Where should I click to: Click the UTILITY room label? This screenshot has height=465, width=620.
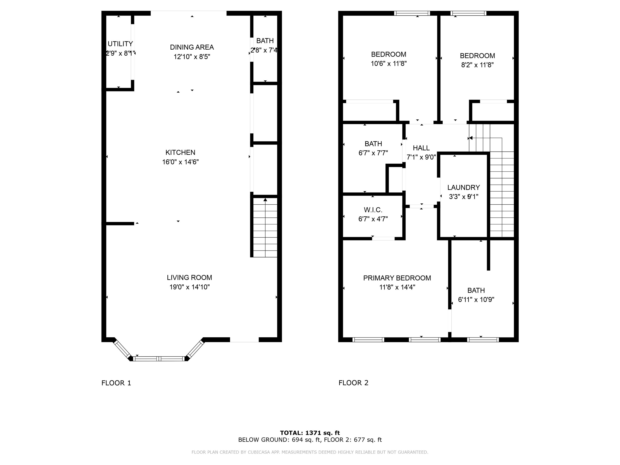(120, 44)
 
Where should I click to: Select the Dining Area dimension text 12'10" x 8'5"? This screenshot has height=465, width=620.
(192, 57)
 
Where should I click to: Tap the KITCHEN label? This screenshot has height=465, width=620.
(180, 153)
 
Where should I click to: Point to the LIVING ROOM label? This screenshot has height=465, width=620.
(190, 278)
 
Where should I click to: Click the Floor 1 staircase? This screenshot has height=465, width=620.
(265, 227)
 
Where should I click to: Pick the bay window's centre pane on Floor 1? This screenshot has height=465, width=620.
(159, 359)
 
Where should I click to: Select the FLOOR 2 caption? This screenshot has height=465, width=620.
(353, 383)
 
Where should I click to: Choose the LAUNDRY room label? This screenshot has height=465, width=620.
(464, 187)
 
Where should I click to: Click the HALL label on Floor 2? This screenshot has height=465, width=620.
(421, 148)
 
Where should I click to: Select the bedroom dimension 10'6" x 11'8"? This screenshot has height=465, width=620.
(389, 64)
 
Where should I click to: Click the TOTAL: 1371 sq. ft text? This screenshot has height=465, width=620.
(310, 433)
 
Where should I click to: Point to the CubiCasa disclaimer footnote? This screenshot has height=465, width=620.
(310, 452)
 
